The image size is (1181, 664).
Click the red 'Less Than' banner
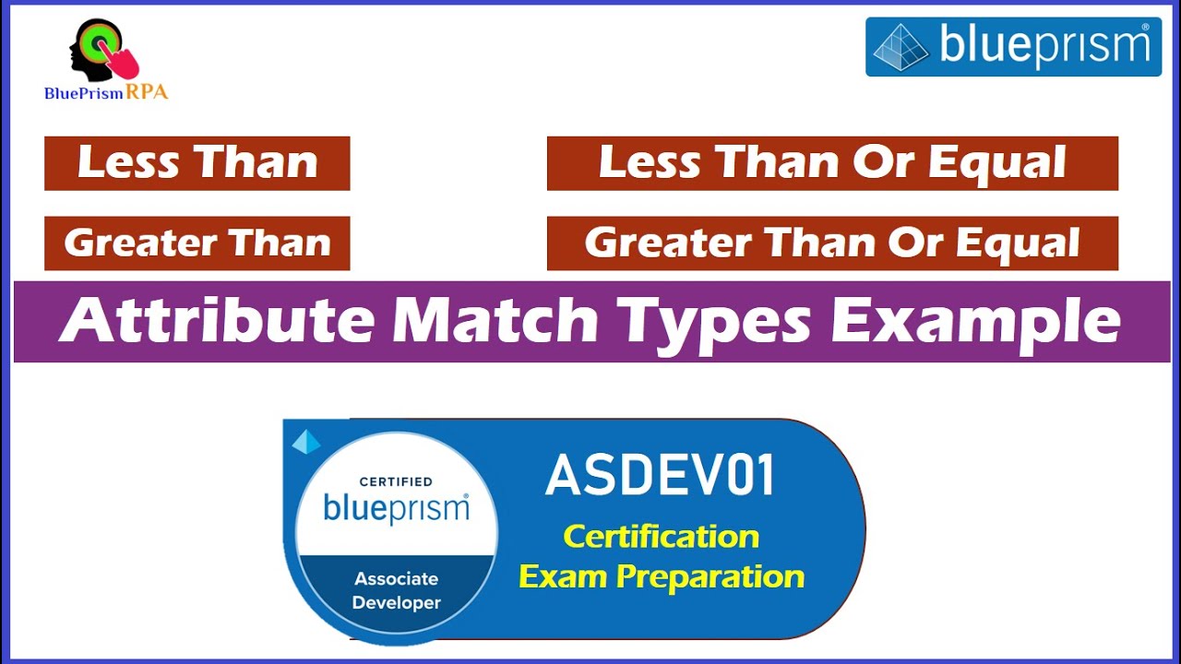pos(197,163)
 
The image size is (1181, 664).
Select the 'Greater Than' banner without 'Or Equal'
pos(197,243)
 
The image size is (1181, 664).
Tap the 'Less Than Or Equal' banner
pos(832,163)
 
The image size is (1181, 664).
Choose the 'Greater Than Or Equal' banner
pos(832,243)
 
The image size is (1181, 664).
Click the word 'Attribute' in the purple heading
pos(217,322)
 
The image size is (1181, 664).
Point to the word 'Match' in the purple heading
pos(495,322)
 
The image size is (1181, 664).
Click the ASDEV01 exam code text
pos(660,476)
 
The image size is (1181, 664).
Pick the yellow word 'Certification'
pos(661,536)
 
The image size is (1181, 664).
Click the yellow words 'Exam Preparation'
pos(661,577)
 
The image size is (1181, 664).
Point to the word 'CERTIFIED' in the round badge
pos(396,481)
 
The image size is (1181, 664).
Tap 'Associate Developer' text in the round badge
pos(397,591)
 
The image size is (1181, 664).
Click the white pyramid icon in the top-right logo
pos(900,47)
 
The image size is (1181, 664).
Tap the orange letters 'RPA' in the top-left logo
pos(148,92)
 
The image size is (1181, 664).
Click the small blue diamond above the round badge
pos(306,442)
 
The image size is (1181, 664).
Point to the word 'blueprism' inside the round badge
pos(396,508)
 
